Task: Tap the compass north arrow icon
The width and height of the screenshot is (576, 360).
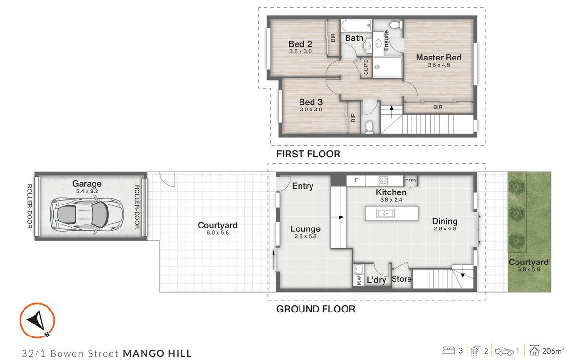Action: [37, 321]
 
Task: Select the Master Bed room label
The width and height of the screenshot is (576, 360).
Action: [439, 57]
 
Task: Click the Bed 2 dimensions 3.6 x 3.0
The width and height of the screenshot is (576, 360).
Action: [300, 51]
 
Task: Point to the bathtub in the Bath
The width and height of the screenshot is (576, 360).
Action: [356, 26]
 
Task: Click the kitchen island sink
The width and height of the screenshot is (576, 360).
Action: [385, 214]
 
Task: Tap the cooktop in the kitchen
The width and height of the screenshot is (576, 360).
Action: [383, 180]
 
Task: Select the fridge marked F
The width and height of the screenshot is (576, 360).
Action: [356, 180]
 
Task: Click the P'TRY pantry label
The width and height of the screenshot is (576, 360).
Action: [410, 180]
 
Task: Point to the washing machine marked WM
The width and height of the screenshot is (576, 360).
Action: [359, 280]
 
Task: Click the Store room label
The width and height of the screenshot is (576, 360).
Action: [401, 279]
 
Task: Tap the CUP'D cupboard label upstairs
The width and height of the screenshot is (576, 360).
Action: [366, 67]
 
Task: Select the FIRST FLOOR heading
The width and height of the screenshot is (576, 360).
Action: [308, 154]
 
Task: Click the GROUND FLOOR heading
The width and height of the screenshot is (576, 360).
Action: [316, 309]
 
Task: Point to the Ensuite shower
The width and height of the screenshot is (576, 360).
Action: [387, 67]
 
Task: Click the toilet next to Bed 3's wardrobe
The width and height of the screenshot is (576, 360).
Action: [369, 127]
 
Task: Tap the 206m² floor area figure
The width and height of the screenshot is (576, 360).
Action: [553, 351]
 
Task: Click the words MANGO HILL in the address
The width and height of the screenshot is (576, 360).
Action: [157, 353]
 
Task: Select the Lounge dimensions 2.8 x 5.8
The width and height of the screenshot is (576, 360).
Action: [305, 236]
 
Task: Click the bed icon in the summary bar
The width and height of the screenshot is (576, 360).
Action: [448, 351]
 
